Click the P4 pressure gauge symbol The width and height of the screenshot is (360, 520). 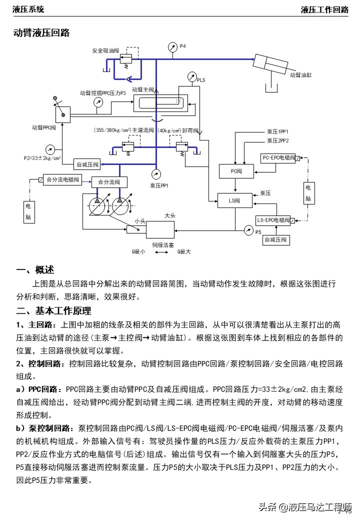coord(172,48)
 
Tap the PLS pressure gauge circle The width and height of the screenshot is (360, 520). coord(192,77)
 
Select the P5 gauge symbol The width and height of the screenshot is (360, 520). coord(248,230)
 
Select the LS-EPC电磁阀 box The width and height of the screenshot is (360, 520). coord(273,220)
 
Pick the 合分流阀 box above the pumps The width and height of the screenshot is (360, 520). coord(109,182)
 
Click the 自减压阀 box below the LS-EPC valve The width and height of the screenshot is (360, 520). coord(276,240)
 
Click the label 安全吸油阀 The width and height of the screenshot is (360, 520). coord(105,50)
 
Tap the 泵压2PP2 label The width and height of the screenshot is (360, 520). coord(277,141)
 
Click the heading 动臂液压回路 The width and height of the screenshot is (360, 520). coord(41,33)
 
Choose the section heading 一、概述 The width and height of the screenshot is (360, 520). coord(34,270)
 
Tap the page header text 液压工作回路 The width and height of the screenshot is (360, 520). coord(324,9)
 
